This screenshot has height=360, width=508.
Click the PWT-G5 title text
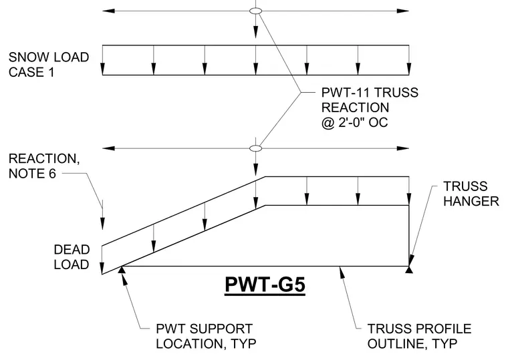tap(265, 285)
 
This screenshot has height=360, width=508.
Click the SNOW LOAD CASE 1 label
tap(49, 64)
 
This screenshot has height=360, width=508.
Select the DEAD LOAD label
tap(72, 257)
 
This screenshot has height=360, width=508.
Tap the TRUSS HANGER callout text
tap(471, 194)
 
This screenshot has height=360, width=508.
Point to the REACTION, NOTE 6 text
tap(44, 166)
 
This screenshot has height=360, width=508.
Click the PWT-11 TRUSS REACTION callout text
tap(370, 108)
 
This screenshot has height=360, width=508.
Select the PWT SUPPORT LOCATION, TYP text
tap(206, 336)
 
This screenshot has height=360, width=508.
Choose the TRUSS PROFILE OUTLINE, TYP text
tap(419, 336)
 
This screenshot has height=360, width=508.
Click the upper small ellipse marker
tap(255, 11)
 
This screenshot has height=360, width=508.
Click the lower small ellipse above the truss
tap(255, 148)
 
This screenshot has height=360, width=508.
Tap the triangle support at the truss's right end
tap(409, 269)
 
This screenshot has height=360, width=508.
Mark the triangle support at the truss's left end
tap(122, 269)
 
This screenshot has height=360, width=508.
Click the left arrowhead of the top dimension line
tap(108, 11)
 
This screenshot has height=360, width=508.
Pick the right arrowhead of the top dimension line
tap(402, 11)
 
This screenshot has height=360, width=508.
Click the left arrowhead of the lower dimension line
tap(108, 148)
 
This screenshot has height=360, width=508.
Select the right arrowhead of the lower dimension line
tap(402, 148)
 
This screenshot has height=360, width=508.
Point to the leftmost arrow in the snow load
tap(103, 60)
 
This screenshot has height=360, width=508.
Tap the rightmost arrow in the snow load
tap(409, 60)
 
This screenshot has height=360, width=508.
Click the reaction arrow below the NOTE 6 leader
tap(103, 214)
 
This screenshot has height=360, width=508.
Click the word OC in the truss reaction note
tap(378, 123)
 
